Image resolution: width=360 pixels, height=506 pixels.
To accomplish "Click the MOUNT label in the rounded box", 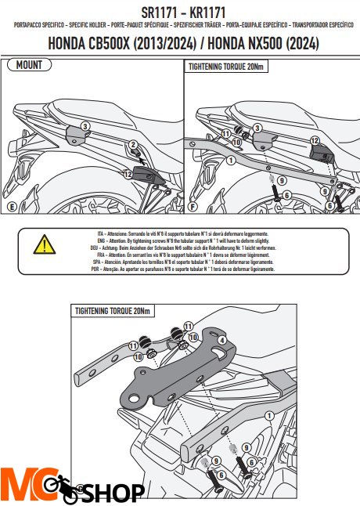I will pyautogui.click(x=31, y=66).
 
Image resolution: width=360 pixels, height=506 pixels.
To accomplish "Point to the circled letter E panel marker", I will pyautogui.click(x=11, y=208).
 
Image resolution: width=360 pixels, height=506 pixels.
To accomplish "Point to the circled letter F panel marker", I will pyautogui.click(x=193, y=208).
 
